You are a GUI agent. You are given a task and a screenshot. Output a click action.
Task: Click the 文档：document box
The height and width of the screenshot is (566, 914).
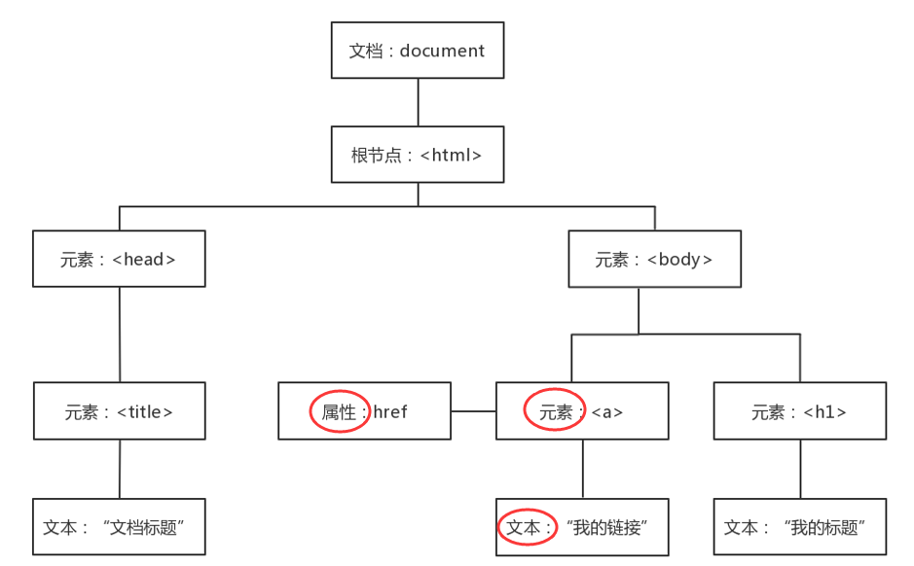(418, 51)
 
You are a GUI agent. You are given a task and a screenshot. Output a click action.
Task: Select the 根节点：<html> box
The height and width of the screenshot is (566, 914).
(418, 155)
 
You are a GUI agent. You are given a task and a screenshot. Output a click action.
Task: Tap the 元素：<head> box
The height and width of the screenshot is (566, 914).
(119, 259)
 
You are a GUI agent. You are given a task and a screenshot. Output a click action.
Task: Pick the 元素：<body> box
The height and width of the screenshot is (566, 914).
(654, 259)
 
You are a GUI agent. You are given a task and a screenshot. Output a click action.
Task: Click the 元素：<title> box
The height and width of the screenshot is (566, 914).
(120, 410)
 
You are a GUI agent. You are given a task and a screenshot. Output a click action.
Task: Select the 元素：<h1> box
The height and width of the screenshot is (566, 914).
(800, 410)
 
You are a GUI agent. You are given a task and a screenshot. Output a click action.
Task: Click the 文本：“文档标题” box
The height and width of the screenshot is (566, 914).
(119, 527)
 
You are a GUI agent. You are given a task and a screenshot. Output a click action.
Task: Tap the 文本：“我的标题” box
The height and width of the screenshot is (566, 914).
(800, 527)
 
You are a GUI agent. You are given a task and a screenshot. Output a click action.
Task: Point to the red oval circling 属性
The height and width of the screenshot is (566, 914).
(340, 411)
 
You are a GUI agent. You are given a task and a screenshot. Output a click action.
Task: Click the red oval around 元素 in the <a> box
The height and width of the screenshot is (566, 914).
(555, 410)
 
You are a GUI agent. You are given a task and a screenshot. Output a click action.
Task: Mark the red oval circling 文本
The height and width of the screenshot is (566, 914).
(527, 527)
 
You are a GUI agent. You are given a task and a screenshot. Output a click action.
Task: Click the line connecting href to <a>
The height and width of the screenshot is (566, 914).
(473, 411)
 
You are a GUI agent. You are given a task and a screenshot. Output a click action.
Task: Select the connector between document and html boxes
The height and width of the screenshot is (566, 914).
(418, 102)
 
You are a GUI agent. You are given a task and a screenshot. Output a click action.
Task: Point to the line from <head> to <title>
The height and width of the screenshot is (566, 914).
(120, 335)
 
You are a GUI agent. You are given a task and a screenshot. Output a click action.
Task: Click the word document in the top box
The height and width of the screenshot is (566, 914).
(442, 51)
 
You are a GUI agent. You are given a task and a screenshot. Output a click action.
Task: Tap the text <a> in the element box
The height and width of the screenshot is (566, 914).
(607, 411)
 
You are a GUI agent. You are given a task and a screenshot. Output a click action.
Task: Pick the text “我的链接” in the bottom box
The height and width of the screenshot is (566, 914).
(608, 527)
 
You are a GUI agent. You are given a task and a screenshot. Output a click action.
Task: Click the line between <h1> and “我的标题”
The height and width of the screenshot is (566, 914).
(800, 469)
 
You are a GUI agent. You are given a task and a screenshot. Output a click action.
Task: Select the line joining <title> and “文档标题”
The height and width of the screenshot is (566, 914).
(120, 469)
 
